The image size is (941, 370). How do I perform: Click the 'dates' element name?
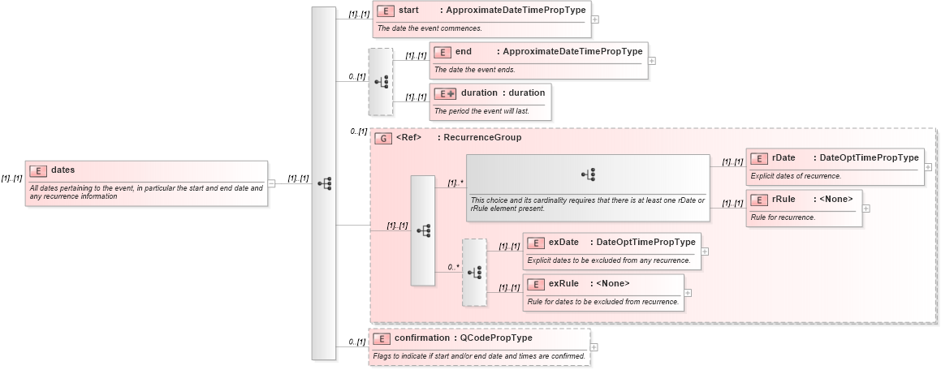point(63,170)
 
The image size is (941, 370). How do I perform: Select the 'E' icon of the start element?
point(386,11)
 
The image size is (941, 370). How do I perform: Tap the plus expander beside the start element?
point(596,19)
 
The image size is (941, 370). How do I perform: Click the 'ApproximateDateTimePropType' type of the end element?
point(572,51)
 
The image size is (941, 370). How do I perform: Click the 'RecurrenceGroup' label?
point(479,138)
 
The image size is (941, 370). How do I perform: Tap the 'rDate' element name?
point(783,157)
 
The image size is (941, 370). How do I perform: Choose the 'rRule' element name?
point(783,200)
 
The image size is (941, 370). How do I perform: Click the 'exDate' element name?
point(563,242)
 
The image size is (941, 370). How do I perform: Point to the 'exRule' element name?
point(563,283)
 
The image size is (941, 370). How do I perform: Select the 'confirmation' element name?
point(421,338)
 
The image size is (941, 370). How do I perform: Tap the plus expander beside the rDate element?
point(928,166)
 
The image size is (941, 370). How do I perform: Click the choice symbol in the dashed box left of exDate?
point(474,273)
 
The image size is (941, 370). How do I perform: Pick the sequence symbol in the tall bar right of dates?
point(324,183)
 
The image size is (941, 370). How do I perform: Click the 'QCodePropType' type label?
point(496,338)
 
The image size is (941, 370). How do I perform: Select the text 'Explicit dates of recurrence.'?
point(796,175)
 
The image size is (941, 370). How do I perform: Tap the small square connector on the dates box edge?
point(271,183)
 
